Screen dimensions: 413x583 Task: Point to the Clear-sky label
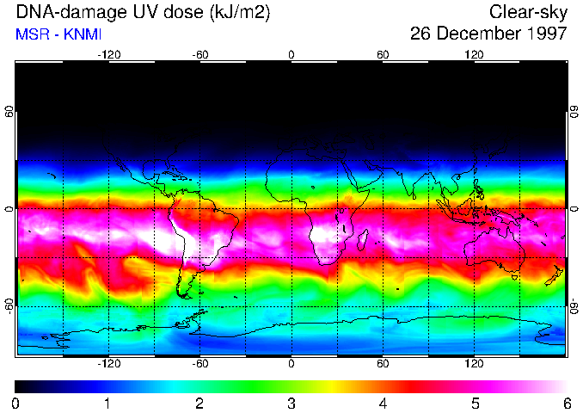pyautogui.click(x=528, y=12)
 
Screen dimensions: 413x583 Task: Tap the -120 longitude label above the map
pyautogui.click(x=108, y=55)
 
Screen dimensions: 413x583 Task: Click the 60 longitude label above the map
pyautogui.click(x=383, y=55)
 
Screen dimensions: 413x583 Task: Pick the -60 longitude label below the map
pyautogui.click(x=199, y=364)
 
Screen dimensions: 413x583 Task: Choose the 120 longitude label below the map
pyautogui.click(x=474, y=364)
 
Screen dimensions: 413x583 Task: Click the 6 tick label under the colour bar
pyautogui.click(x=567, y=403)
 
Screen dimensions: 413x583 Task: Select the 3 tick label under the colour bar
pyautogui.click(x=291, y=403)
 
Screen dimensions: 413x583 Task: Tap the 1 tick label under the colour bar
pyautogui.click(x=107, y=403)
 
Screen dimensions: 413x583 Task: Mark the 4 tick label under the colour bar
pyautogui.click(x=383, y=403)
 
